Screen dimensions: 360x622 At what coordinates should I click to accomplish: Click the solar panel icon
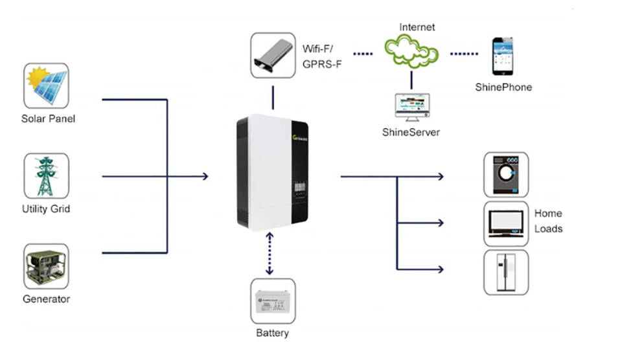(46, 85)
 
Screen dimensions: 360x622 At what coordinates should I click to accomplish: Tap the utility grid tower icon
(46, 176)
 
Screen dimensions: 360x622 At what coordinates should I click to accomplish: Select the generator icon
(46, 266)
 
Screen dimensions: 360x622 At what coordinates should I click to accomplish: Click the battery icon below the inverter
(272, 301)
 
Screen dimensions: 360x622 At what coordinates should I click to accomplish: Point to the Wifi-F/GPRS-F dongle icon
(272, 56)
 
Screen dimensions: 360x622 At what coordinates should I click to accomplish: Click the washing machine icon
(505, 175)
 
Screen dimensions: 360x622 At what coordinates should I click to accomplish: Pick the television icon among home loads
(505, 223)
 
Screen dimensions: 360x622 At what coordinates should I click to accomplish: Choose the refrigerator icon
(505, 272)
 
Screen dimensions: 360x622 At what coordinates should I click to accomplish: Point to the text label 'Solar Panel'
(48, 118)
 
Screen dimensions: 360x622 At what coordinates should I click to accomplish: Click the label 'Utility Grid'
(46, 209)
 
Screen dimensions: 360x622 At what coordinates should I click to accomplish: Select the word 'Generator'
(46, 299)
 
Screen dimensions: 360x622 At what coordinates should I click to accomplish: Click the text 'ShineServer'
(411, 132)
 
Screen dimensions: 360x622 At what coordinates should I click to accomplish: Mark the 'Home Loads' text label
(548, 221)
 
